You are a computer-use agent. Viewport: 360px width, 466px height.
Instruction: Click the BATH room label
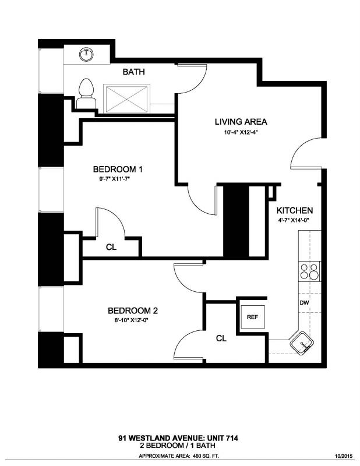(x=134, y=72)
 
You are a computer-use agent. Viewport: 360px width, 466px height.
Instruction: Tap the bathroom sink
(x=87, y=54)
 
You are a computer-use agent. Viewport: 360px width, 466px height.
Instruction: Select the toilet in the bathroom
(x=86, y=94)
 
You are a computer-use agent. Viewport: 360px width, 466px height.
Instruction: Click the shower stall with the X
(x=126, y=98)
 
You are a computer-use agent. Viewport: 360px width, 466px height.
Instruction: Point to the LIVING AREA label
(x=241, y=122)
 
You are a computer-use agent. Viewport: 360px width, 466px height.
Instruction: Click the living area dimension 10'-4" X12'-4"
(x=241, y=133)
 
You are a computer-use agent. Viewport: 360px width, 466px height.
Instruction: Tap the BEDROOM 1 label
(x=118, y=170)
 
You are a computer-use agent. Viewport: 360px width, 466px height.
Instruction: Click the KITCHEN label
(x=295, y=211)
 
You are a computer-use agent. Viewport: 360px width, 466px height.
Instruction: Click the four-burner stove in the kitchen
(x=309, y=271)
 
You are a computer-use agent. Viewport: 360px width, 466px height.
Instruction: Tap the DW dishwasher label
(x=304, y=303)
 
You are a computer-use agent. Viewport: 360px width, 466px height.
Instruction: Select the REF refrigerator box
(x=253, y=317)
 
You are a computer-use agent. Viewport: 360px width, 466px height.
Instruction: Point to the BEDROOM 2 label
(x=133, y=311)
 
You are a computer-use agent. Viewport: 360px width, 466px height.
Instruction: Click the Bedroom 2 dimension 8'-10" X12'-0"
(x=128, y=320)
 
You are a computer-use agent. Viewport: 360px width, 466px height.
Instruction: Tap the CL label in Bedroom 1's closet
(x=111, y=247)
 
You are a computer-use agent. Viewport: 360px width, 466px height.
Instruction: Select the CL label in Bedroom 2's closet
(x=221, y=338)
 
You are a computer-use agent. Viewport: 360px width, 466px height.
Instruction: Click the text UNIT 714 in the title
(x=222, y=438)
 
